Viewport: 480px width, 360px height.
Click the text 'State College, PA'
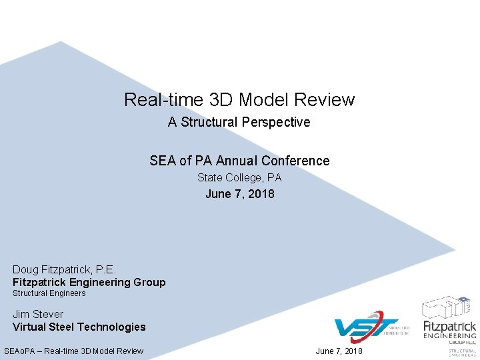pos(239,178)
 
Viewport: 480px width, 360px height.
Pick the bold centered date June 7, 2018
pos(239,194)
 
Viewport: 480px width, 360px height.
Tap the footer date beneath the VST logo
pos(339,351)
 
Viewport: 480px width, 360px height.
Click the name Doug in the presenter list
pos(26,270)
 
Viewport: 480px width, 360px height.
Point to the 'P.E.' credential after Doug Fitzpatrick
pos(106,270)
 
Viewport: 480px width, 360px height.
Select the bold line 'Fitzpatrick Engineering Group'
pos(89,282)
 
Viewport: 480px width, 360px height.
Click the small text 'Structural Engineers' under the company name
pos(49,293)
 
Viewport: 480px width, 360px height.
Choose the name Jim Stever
pos(38,314)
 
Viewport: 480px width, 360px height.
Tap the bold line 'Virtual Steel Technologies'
pos(79,327)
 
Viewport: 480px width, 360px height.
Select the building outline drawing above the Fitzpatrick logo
pos(449,307)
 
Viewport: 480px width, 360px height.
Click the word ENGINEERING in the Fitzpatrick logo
pos(450,336)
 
